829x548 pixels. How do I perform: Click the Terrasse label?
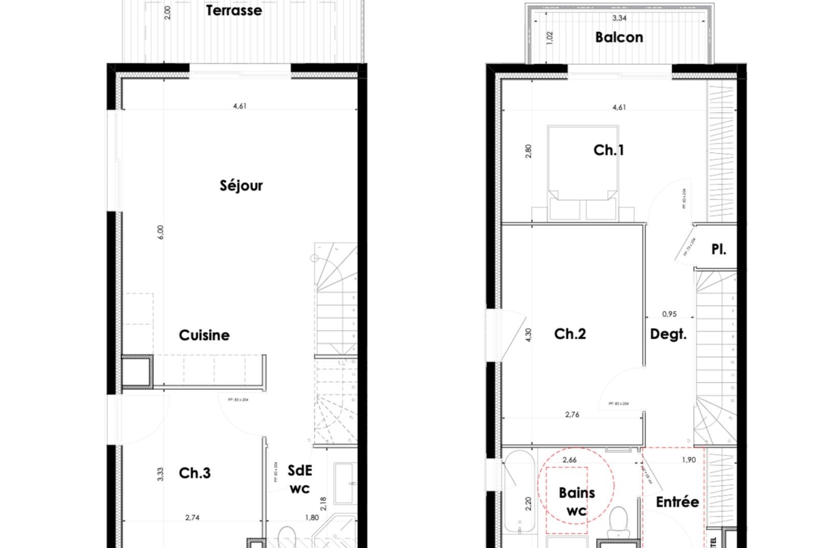tap(234, 10)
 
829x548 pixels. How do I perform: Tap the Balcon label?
tap(619, 37)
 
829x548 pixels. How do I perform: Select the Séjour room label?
tap(241, 185)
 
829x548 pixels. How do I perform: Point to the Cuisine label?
tap(204, 335)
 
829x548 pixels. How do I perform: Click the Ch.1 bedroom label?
tap(608, 150)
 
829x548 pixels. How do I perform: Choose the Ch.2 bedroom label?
tap(570, 334)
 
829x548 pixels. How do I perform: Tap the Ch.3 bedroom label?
tap(194, 473)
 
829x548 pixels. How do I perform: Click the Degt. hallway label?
tap(668, 334)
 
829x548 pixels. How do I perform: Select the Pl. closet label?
tap(718, 249)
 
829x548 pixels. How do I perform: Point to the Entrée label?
tap(677, 502)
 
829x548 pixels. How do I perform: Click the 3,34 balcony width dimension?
tap(619, 18)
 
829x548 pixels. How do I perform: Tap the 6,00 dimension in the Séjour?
tap(161, 232)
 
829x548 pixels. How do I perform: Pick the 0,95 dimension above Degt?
tap(669, 314)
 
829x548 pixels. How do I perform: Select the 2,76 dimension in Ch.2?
tap(572, 414)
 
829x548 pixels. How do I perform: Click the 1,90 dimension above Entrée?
tap(689, 460)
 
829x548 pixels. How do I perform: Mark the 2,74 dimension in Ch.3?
tap(192, 518)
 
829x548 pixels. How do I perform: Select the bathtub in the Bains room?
tap(519, 492)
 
